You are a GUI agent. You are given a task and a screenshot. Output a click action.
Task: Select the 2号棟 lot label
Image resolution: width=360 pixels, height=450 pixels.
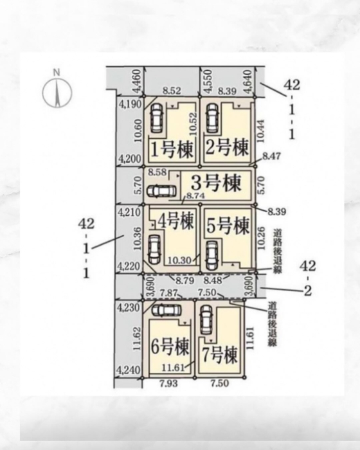click(227, 148)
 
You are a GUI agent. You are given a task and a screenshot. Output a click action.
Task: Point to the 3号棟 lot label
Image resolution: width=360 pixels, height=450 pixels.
click(216, 183)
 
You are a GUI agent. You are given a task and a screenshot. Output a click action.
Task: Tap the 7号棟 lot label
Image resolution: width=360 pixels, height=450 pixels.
click(220, 355)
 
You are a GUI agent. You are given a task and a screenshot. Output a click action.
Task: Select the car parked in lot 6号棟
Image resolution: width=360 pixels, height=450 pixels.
click(166, 310)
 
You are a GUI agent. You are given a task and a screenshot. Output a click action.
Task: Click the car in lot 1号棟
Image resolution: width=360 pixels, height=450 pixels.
click(156, 118)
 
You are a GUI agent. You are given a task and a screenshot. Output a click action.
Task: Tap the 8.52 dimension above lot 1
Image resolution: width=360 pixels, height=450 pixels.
click(172, 91)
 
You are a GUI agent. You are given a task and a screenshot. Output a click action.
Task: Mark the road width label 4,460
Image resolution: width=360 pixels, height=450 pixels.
click(137, 81)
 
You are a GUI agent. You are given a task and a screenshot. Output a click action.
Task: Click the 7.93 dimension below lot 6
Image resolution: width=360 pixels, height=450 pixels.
click(168, 383)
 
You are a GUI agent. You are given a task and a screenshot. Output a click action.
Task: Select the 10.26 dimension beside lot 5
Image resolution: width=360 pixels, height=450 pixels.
click(261, 239)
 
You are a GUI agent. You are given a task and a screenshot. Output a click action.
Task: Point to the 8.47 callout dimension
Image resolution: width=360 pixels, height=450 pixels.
click(271, 156)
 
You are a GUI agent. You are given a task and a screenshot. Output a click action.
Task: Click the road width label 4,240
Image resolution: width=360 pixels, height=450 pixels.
click(129, 370)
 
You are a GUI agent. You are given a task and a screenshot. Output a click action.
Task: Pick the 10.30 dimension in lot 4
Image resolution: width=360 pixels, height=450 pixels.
click(179, 260)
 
